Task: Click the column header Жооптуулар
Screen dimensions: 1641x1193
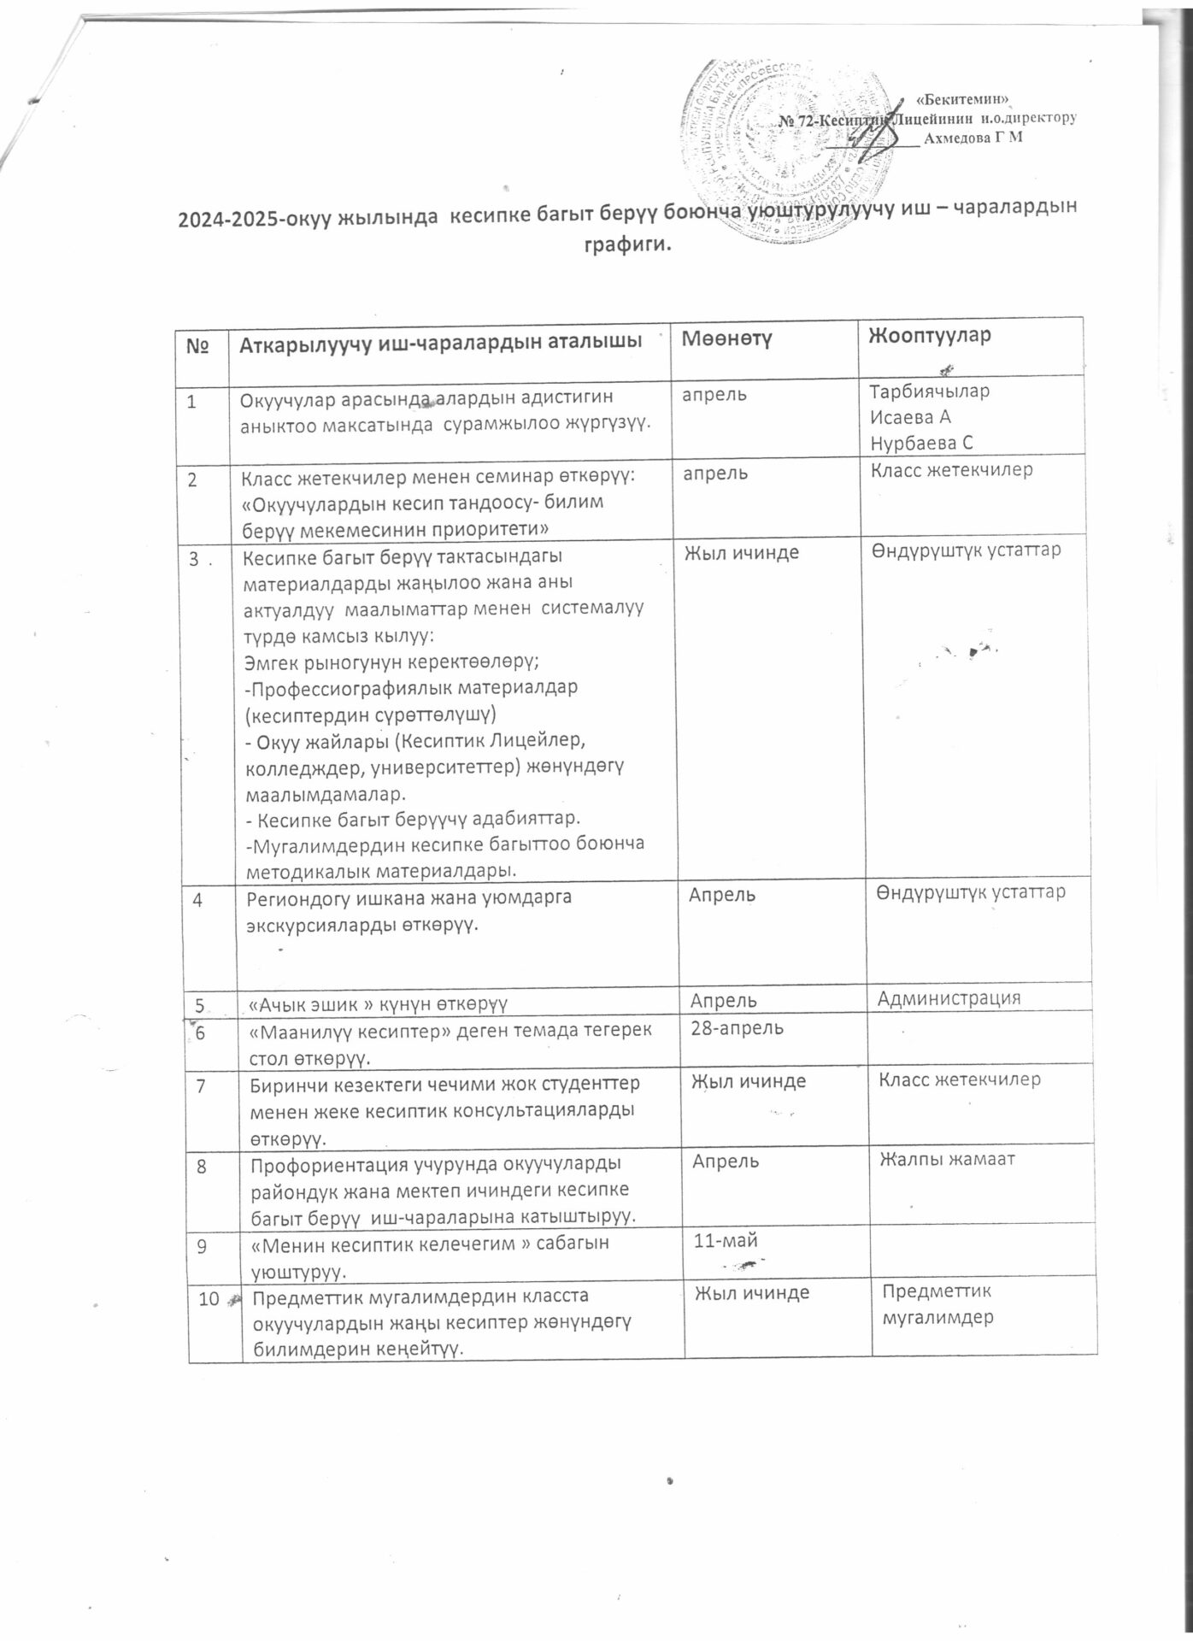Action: [x=929, y=335]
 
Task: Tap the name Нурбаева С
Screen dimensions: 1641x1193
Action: [x=921, y=442]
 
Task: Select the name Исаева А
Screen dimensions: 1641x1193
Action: [x=909, y=417]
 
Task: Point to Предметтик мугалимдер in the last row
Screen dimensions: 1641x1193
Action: [x=937, y=1303]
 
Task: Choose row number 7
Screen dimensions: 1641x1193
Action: [x=202, y=1085]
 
